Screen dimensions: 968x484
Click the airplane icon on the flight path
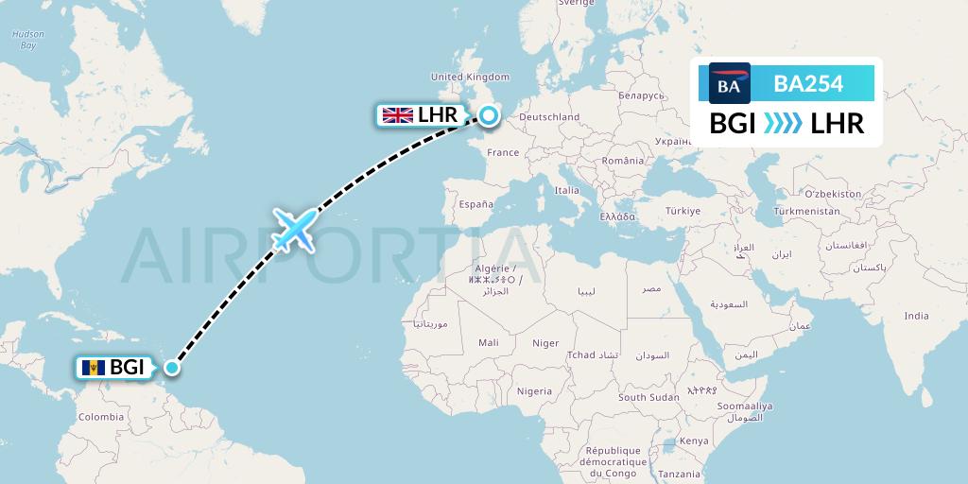tap(293, 230)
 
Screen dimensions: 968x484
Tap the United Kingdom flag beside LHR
tap(397, 115)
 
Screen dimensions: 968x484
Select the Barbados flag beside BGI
tap(93, 368)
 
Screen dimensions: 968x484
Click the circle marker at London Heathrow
tap(488, 115)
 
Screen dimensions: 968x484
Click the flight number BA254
tap(808, 84)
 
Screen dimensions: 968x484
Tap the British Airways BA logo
tap(729, 84)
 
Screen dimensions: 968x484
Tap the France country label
tap(503, 152)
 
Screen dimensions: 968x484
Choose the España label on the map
tap(475, 203)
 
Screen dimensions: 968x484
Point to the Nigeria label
tap(534, 390)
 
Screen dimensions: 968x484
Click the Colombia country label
tap(100, 417)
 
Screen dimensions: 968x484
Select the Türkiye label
tap(681, 211)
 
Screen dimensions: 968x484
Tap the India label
tap(915, 316)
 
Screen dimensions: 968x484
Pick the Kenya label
tap(694, 441)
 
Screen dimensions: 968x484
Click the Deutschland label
tap(549, 117)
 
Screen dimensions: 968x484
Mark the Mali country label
tap(489, 342)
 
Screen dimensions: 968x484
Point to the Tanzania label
tap(681, 474)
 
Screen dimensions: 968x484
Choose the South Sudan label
tap(648, 397)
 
